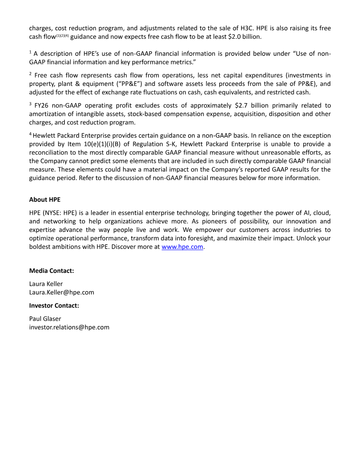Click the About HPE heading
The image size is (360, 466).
(45, 199)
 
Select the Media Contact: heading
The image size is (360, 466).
(52, 271)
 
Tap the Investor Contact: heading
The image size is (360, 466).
(54, 305)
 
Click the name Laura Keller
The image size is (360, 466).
(46, 284)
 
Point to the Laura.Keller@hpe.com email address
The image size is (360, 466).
(62, 292)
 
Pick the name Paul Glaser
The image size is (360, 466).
(45, 318)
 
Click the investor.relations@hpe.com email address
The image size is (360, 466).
(69, 327)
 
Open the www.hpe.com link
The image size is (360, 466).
(182, 247)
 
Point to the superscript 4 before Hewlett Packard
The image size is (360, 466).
(31, 134)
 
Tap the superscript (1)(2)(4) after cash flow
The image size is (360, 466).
(62, 35)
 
